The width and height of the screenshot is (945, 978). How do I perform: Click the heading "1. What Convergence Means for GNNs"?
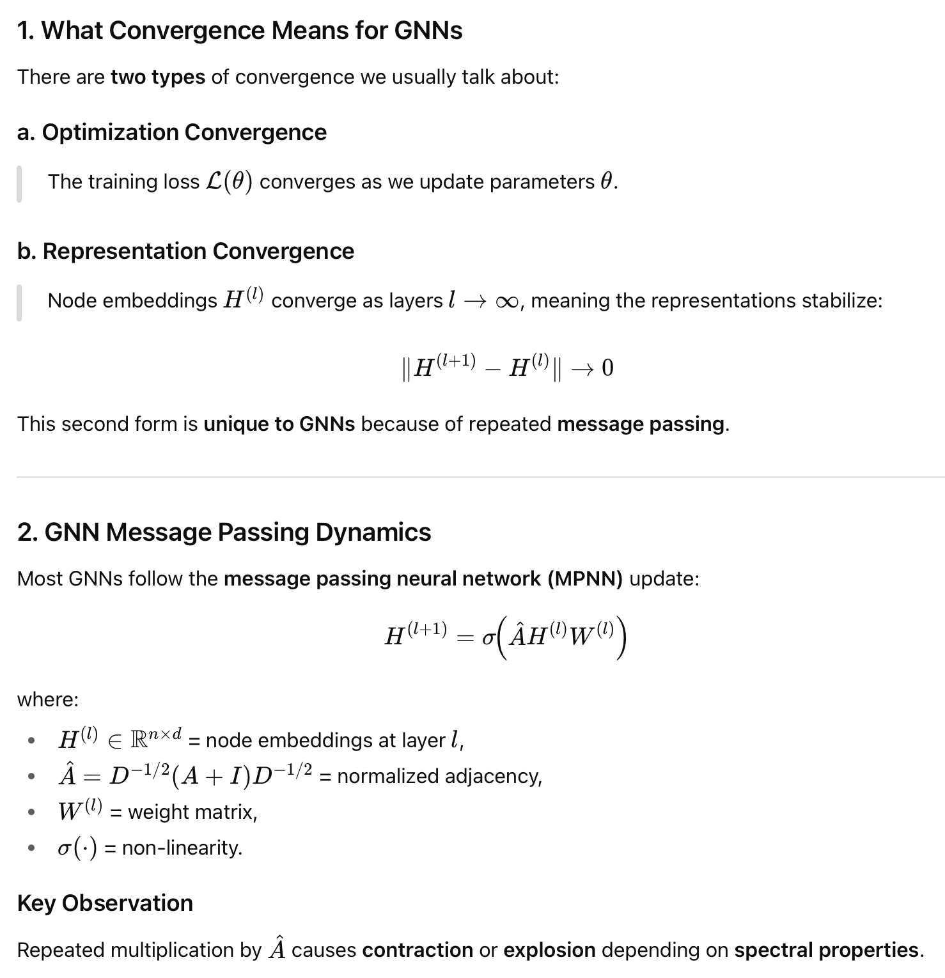click(240, 31)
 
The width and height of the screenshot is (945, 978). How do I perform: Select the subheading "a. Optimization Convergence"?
click(172, 132)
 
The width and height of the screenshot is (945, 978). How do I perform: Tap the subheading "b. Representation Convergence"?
click(185, 251)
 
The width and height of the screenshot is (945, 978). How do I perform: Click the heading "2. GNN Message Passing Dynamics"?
click(224, 532)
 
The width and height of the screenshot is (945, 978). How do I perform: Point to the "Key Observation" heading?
click(105, 903)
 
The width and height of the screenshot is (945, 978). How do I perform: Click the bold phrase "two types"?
click(158, 77)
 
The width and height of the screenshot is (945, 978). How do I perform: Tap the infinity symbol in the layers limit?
click(506, 301)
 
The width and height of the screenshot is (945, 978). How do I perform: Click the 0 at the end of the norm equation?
click(607, 368)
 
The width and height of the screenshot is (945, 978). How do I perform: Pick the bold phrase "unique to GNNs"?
click(279, 424)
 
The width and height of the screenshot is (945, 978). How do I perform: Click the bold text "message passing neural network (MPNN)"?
click(423, 578)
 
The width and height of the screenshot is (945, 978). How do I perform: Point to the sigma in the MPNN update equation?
click(489, 637)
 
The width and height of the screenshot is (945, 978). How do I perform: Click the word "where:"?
click(48, 699)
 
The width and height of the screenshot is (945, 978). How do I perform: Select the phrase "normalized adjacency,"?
click(439, 776)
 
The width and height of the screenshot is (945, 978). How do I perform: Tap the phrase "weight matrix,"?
click(192, 812)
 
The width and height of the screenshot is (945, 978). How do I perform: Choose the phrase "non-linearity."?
click(182, 848)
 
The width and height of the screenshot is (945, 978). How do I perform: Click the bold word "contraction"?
click(418, 950)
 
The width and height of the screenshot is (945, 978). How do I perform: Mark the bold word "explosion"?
click(549, 950)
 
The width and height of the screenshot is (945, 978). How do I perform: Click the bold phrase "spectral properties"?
click(826, 950)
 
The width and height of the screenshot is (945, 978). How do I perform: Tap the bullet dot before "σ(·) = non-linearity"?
click(31, 848)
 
